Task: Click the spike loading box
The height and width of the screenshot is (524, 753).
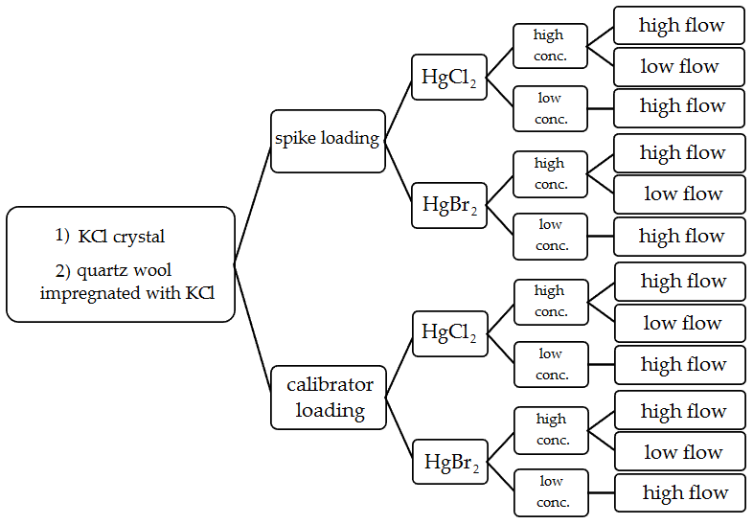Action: [328, 139]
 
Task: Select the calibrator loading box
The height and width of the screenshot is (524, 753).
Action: [329, 398]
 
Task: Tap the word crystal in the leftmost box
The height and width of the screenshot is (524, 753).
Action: [138, 236]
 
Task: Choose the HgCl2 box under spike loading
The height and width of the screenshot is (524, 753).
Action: [449, 78]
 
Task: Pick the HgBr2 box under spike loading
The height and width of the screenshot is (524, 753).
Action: [449, 205]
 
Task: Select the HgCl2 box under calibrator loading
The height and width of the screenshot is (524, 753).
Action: [449, 332]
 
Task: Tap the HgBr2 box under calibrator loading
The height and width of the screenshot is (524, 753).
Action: [450, 463]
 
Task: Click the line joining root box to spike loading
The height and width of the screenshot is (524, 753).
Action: [252, 206]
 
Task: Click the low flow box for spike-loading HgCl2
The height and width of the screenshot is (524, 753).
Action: [679, 67]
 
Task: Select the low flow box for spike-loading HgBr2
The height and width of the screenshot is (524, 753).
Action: [679, 194]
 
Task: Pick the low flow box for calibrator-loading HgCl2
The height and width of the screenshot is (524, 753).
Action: [680, 324]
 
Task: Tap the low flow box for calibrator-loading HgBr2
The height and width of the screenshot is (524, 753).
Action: [680, 452]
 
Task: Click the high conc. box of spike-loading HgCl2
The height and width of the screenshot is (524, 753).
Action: [549, 46]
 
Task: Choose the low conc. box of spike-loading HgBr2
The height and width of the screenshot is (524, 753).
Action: [550, 236]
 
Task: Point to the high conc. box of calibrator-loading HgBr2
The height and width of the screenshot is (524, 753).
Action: [551, 429]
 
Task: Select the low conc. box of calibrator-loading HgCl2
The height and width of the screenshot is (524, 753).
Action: [551, 364]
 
